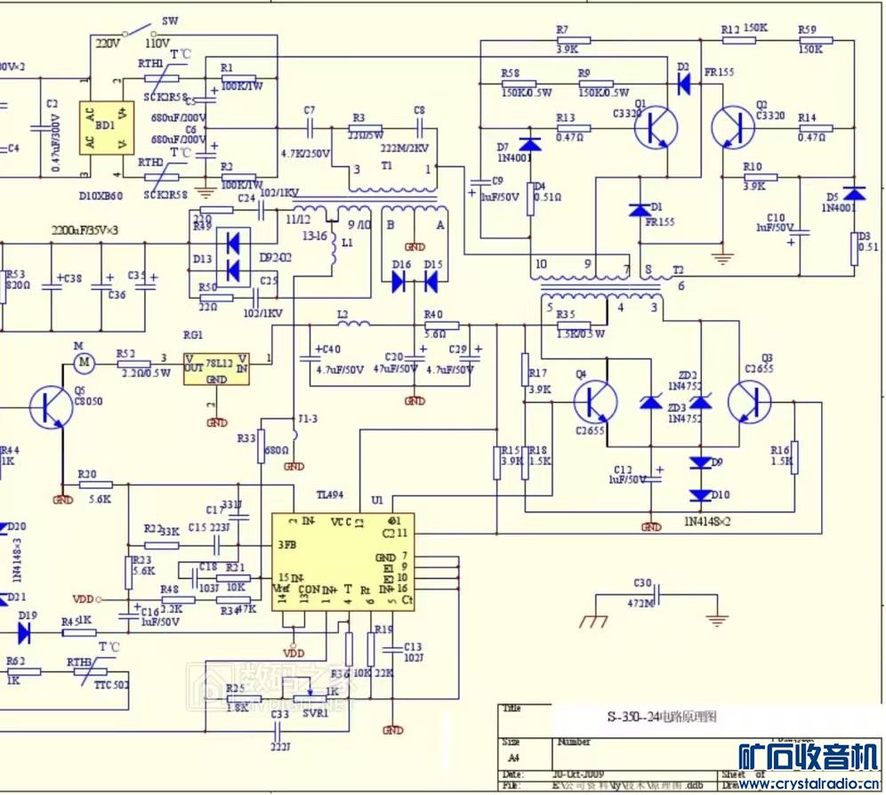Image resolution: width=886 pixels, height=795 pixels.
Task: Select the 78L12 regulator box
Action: point(216,368)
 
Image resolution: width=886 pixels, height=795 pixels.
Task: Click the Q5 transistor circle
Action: point(51,406)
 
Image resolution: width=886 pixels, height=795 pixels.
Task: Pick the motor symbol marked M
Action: point(85,361)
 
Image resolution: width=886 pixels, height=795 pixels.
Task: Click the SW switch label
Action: point(170,20)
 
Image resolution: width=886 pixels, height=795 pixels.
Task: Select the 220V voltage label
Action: point(107,42)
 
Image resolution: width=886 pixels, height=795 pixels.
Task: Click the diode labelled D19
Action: point(26,632)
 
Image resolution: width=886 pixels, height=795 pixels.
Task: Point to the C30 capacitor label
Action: point(642,583)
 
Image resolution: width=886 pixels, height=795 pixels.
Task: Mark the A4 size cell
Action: point(513,758)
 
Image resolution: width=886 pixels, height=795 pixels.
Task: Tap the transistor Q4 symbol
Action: point(594,402)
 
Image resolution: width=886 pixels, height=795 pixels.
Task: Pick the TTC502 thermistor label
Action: point(111,685)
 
